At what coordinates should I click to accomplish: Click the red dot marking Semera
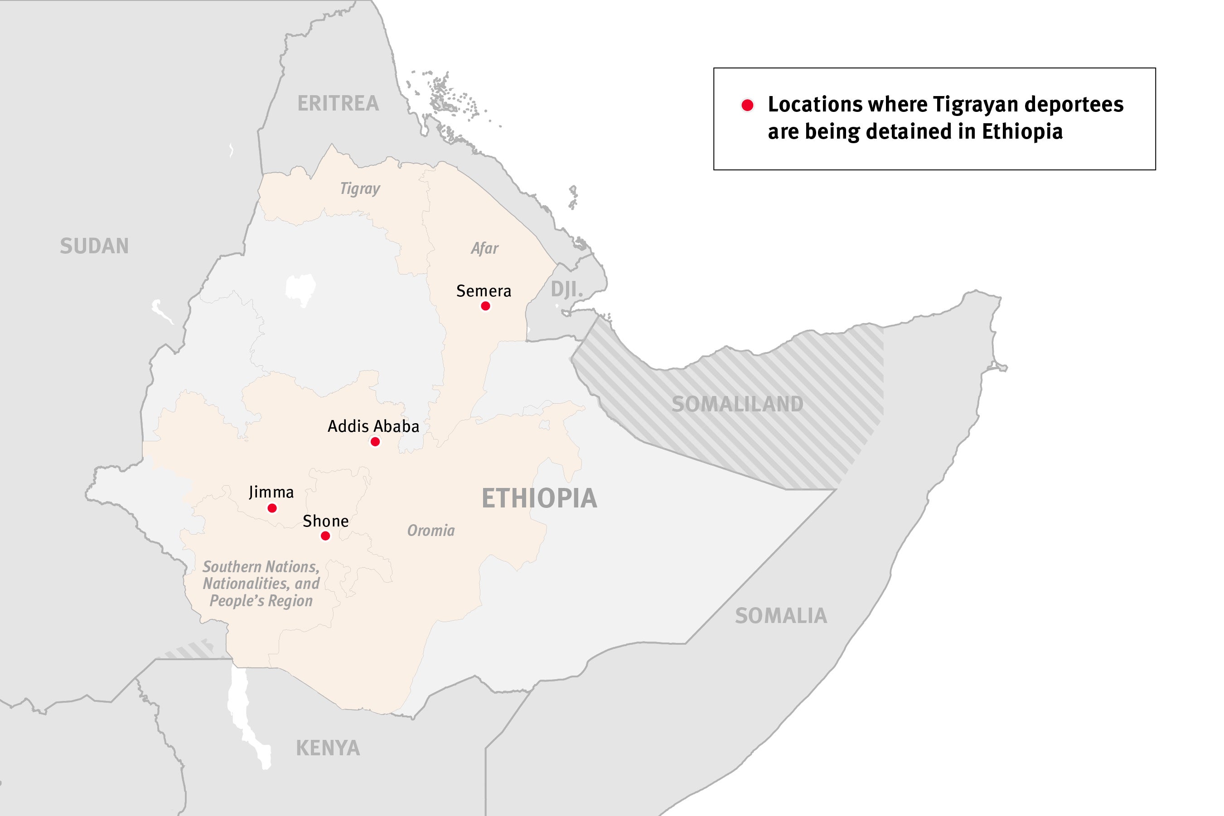(485, 306)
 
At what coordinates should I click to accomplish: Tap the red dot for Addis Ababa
(375, 442)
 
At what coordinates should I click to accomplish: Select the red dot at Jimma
(271, 508)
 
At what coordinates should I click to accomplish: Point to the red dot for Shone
(325, 536)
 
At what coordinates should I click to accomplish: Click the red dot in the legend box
(747, 106)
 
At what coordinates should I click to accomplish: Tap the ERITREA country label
(338, 104)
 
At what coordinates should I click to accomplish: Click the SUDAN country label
(94, 246)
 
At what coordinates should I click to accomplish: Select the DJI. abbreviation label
(567, 290)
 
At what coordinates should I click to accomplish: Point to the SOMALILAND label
(737, 404)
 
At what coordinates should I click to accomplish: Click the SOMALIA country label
(781, 616)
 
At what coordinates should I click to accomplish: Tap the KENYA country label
(328, 748)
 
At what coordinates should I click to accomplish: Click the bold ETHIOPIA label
(539, 498)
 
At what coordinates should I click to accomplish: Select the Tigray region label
(360, 188)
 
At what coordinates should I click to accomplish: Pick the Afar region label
(484, 248)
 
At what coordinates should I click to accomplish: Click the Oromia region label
(431, 530)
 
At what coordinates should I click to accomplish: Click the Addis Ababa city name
(373, 426)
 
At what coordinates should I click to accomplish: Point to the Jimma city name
(271, 492)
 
